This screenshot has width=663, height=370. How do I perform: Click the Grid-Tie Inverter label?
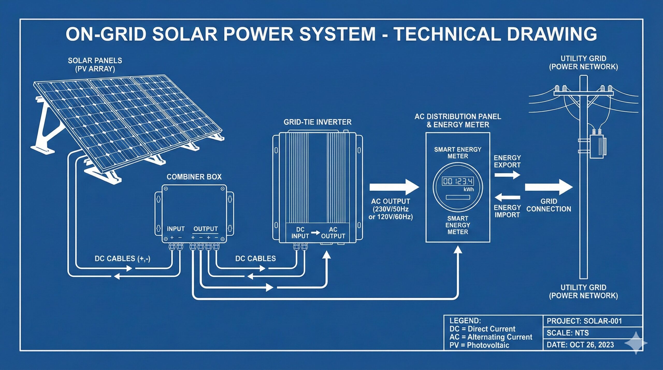pos(318,122)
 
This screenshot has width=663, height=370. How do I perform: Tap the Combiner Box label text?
pos(194,177)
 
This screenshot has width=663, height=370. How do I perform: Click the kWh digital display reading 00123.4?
pos(458,181)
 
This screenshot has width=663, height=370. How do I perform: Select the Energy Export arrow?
pos(507,175)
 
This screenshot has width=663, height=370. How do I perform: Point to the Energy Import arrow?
pos(507,198)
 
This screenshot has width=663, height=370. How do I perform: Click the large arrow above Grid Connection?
pos(549,187)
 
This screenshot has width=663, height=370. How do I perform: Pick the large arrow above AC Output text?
pos(394,187)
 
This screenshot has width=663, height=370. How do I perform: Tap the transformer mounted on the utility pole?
pos(598,146)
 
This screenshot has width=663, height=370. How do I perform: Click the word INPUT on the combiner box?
pos(176,229)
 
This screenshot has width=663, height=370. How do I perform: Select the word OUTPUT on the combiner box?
pos(206,229)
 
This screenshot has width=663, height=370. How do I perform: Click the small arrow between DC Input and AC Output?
pos(315,233)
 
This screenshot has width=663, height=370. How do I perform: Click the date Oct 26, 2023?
pos(592,345)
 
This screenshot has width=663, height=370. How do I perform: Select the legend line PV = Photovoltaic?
pos(479,345)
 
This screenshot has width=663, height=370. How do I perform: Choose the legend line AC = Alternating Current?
pos(491,337)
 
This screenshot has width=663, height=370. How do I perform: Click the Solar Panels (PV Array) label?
pos(95,65)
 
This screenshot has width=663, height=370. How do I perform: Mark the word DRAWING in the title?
pos(552,34)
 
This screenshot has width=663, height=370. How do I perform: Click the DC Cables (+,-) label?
pos(122,258)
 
